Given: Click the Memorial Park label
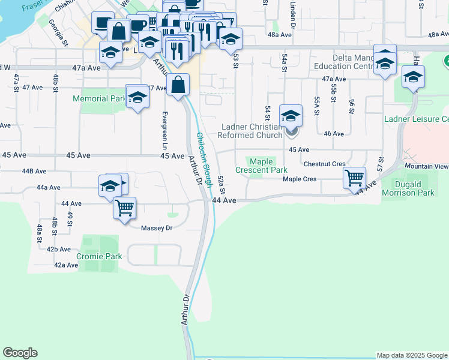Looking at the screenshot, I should click(99, 98).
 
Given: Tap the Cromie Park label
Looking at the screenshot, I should click(99, 256).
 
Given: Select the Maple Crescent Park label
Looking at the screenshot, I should click(261, 166).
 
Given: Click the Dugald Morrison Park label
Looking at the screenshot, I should click(412, 188).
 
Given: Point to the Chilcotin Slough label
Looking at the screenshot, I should click(203, 159).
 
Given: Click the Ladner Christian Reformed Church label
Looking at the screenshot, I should click(252, 131).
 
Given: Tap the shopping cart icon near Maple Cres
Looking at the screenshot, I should click(355, 178).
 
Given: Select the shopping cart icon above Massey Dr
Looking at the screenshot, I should click(125, 208).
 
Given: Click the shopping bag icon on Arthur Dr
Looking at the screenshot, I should click(178, 85).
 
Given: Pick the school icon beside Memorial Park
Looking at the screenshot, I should click(137, 97).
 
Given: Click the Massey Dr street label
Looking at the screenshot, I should click(157, 228).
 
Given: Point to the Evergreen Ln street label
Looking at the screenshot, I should click(164, 130).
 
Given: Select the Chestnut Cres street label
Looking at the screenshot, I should click(325, 164).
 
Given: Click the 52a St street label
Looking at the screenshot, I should click(221, 184).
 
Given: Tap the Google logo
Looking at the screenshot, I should click(20, 353).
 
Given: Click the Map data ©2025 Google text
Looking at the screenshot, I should click(411, 355).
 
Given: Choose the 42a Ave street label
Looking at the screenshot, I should click(67, 265).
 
